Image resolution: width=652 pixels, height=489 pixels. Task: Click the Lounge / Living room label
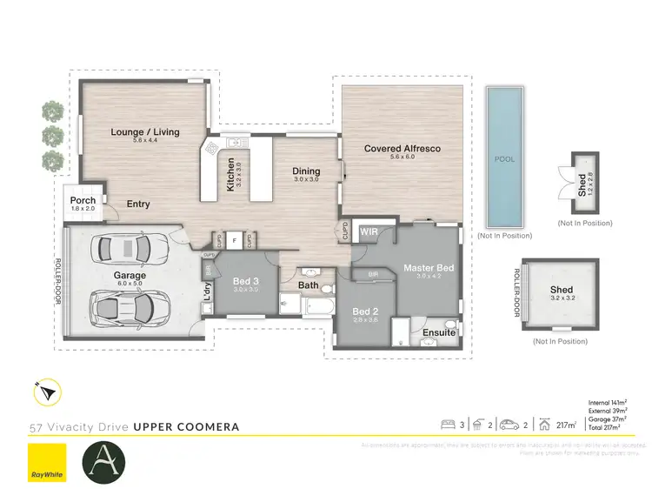tap(144, 132)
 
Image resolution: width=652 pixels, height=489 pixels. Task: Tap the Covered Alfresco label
tap(402, 149)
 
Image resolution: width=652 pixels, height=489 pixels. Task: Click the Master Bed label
tap(429, 267)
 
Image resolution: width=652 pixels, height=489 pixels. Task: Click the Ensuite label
tap(439, 332)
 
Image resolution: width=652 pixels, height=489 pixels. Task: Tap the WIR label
tap(369, 232)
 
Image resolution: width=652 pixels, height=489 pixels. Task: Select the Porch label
tap(83, 202)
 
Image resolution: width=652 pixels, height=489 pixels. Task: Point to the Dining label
tap(306, 171)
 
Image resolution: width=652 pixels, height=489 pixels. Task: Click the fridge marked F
tap(234, 238)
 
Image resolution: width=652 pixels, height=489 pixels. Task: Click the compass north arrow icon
tap(47, 393)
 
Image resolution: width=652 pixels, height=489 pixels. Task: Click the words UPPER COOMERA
tap(187, 427)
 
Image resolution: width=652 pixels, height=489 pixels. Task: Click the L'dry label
tap(207, 291)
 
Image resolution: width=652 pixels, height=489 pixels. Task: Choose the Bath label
tap(309, 285)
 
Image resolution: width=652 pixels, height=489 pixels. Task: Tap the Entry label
tap(138, 204)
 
